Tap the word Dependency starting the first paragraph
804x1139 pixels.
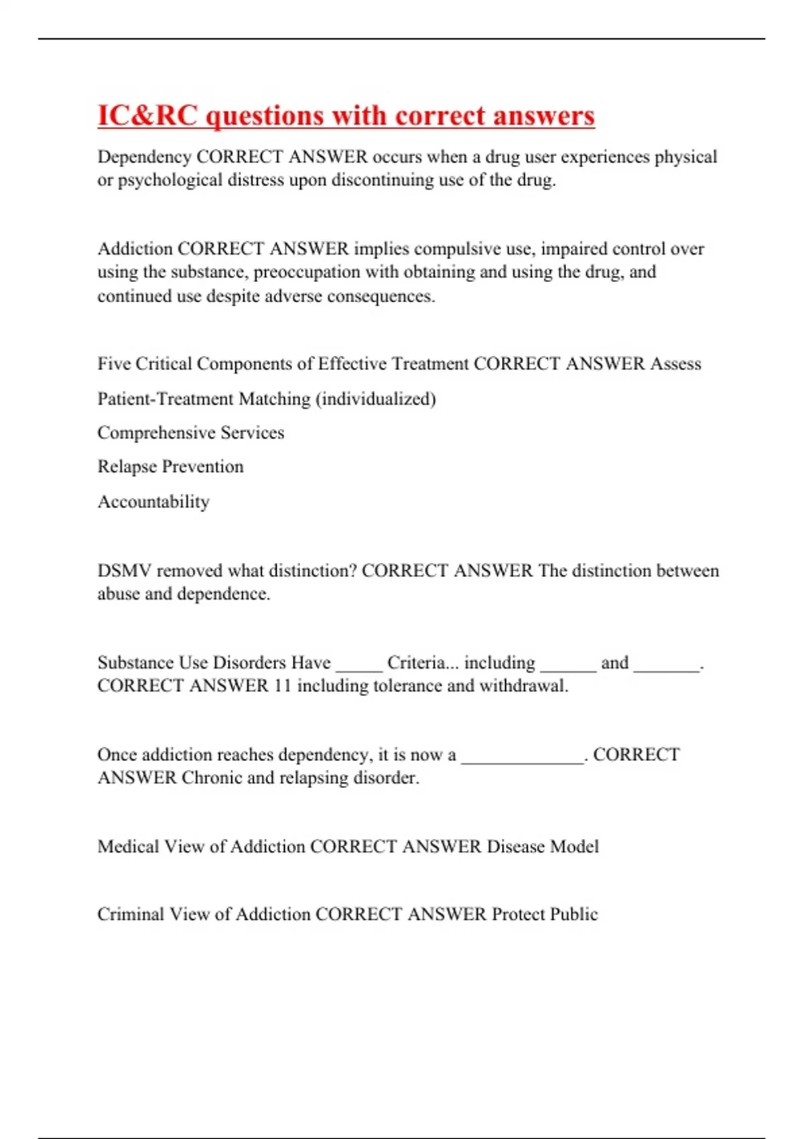144,157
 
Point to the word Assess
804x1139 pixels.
675,364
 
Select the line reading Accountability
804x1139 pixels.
153,502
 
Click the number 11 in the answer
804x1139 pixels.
282,686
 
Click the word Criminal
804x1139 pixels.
130,915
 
